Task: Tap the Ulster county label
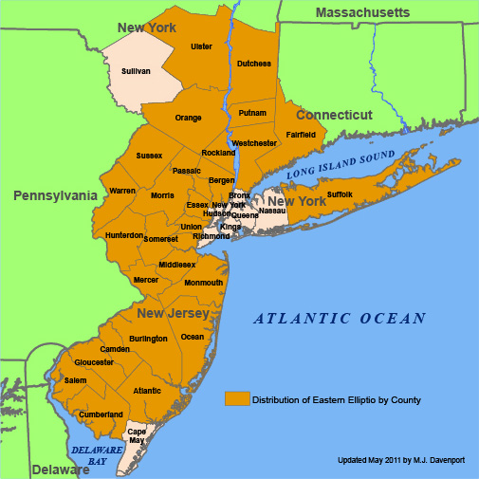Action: coord(201,46)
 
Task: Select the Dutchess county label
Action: coord(254,64)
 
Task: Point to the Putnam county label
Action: coord(252,113)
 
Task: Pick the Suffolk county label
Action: coord(340,194)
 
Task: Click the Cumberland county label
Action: coord(101,415)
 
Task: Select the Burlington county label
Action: coord(148,339)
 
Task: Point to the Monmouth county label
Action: coord(204,283)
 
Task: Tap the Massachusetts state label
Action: coord(362,12)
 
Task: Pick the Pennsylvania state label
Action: coord(55,195)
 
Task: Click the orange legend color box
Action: coord(237,399)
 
